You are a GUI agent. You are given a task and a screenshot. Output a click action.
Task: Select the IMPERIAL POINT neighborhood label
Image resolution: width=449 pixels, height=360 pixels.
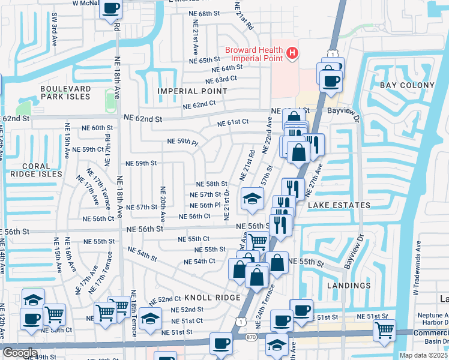pyautogui.click(x=192, y=91)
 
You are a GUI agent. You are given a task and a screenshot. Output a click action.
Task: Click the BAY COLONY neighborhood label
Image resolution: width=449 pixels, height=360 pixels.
pyautogui.click(x=407, y=85)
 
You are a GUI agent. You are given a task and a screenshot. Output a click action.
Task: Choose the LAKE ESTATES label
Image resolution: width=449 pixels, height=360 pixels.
pyautogui.click(x=339, y=205)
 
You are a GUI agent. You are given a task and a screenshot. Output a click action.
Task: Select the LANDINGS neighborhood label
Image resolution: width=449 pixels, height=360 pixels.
pyautogui.click(x=349, y=286)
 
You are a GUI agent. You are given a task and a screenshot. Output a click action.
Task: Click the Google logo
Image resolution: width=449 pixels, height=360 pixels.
pyautogui.click(x=20, y=353)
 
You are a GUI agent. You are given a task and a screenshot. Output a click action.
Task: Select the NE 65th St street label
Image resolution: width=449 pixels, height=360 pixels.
pyautogui.click(x=205, y=61)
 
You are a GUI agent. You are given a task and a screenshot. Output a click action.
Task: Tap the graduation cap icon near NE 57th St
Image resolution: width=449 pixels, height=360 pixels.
pyautogui.click(x=253, y=199)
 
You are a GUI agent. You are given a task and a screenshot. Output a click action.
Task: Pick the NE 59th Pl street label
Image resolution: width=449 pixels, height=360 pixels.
pyautogui.click(x=182, y=142)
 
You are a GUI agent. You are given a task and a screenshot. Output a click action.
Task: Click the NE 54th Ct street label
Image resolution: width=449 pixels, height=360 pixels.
pyautogui.click(x=199, y=262)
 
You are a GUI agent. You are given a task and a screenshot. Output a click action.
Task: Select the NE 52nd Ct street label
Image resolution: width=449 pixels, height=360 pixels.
pyautogui.click(x=165, y=299)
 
